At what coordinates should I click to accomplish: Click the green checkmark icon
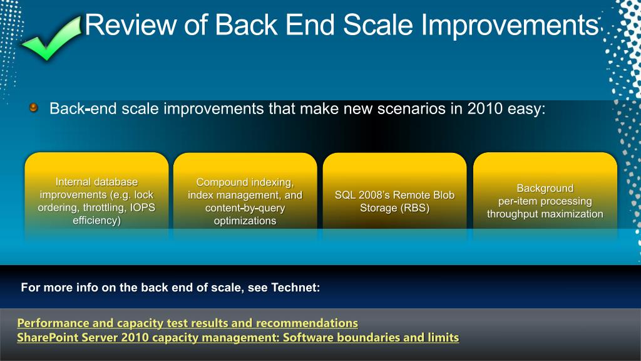51,39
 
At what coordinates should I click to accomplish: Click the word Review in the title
131,24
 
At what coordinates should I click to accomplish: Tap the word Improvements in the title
510,25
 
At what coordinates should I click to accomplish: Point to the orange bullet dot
34,108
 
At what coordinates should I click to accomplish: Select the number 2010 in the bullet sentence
485,108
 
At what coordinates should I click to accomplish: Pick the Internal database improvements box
96,196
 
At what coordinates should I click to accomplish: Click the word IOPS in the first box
143,207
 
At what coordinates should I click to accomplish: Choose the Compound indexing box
245,196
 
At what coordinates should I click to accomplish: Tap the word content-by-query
245,208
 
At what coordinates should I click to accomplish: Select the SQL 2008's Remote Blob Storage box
394,196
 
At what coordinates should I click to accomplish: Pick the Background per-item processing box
545,196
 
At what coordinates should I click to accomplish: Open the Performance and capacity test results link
188,323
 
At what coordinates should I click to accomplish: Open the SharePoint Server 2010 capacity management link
238,337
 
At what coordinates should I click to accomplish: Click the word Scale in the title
378,24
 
